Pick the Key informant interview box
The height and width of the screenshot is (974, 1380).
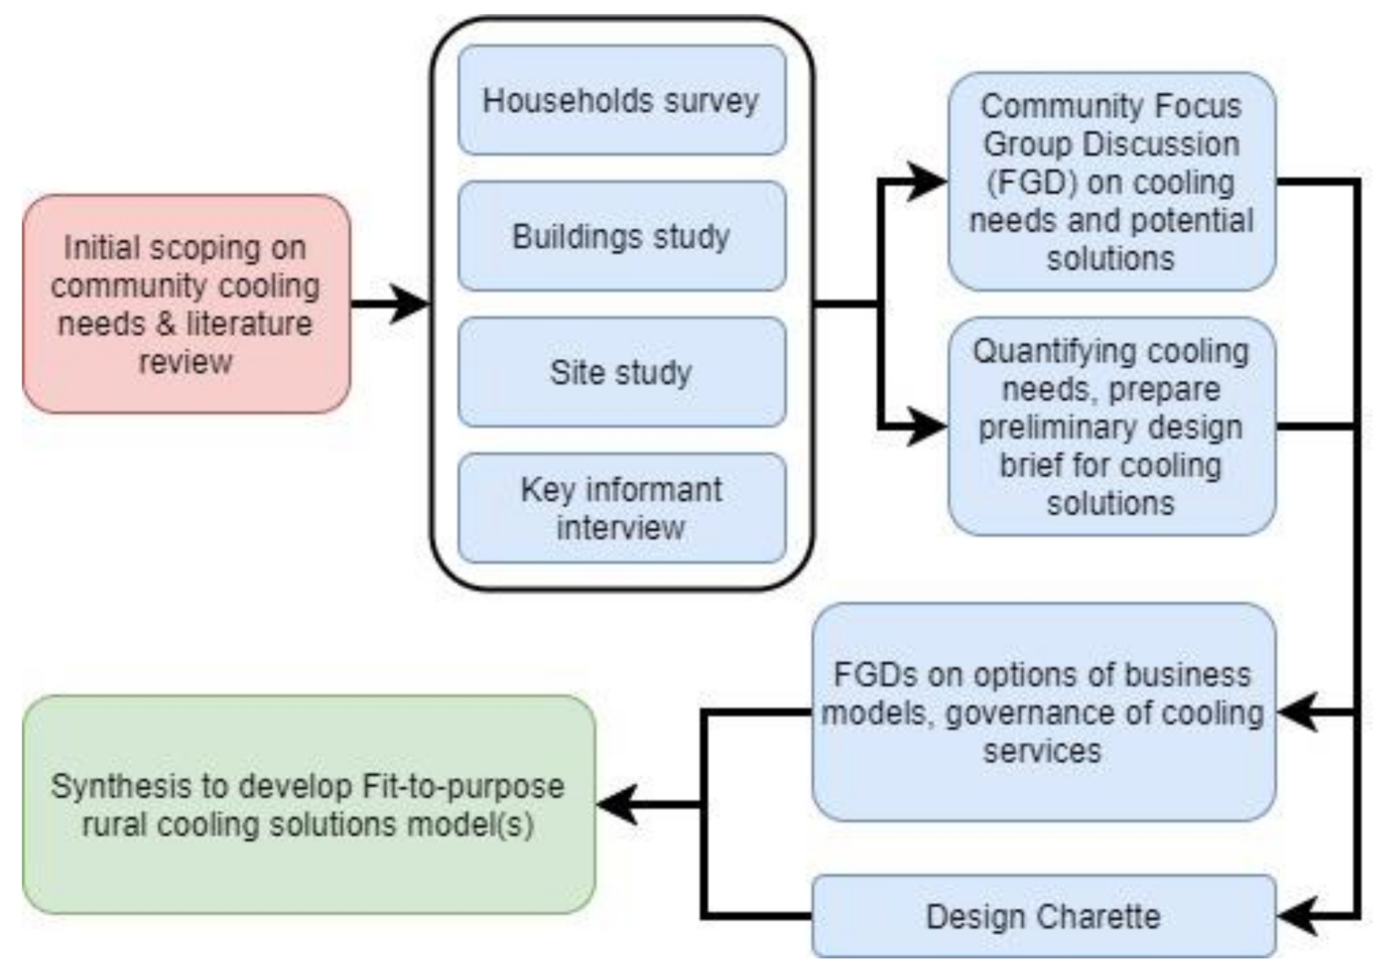click(621, 508)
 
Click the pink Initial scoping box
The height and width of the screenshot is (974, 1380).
click(186, 304)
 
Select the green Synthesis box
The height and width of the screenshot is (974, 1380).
click(309, 804)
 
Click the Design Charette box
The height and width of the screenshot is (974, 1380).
click(1043, 916)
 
